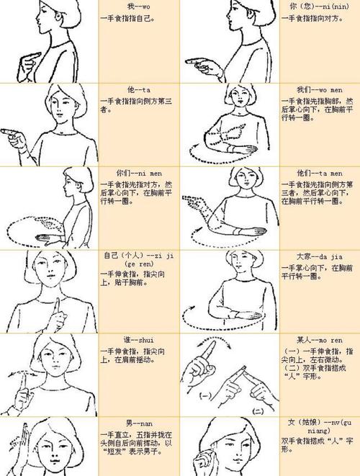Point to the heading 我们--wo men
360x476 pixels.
coord(315,89)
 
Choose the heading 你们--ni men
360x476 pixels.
coord(135,173)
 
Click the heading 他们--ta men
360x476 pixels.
coord(315,173)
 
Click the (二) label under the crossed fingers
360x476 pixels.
coord(257,409)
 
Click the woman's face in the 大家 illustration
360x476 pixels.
coord(235,269)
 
